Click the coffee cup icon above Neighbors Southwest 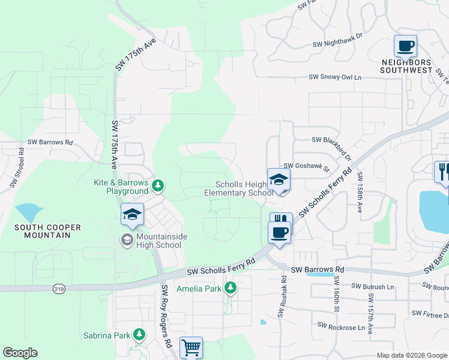coord(406,46)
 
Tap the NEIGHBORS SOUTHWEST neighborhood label coord(406,66)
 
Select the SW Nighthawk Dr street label coord(338,44)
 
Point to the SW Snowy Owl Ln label coord(336,77)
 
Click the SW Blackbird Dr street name coord(335,140)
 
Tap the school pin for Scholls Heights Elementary coord(279,180)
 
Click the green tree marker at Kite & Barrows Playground coord(158,185)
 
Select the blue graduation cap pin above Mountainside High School coord(132,215)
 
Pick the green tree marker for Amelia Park coord(230,289)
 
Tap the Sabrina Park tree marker coord(139,333)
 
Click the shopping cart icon coord(191,347)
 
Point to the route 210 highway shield coord(59,289)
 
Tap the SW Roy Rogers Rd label coord(167,316)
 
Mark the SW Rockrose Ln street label coord(341,327)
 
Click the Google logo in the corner coord(20,353)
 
